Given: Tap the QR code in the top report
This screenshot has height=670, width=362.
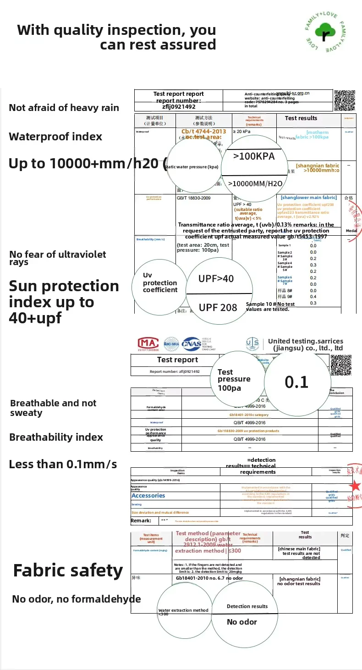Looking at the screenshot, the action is tap(345, 100).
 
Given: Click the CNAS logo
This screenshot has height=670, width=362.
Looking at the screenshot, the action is tap(192, 343).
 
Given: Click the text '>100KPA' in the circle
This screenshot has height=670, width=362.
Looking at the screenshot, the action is tap(254, 156).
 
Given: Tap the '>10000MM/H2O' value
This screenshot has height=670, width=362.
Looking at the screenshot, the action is tap(255, 184).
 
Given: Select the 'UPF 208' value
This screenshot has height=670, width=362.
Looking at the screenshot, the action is tap(218, 308).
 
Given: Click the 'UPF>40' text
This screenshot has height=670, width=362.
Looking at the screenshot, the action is tap(216, 278).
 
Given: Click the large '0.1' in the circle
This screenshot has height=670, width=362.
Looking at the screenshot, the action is tap(297, 382).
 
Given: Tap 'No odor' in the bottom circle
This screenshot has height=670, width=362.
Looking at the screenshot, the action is tap(242, 622).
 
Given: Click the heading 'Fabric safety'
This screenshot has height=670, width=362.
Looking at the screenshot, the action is tap(68, 570).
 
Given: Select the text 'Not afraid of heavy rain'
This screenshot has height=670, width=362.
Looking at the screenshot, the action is tap(64, 108).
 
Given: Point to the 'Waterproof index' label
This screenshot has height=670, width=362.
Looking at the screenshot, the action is tap(55, 137).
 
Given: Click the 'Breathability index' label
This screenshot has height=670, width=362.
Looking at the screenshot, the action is tap(56, 437).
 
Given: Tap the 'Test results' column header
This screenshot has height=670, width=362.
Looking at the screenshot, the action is tap(301, 118).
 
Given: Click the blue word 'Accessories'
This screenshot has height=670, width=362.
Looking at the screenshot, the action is tap(148, 495).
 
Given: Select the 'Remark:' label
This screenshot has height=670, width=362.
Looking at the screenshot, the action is tap(141, 520).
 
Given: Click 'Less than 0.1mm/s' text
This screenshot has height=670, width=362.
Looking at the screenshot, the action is tap(63, 464).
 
